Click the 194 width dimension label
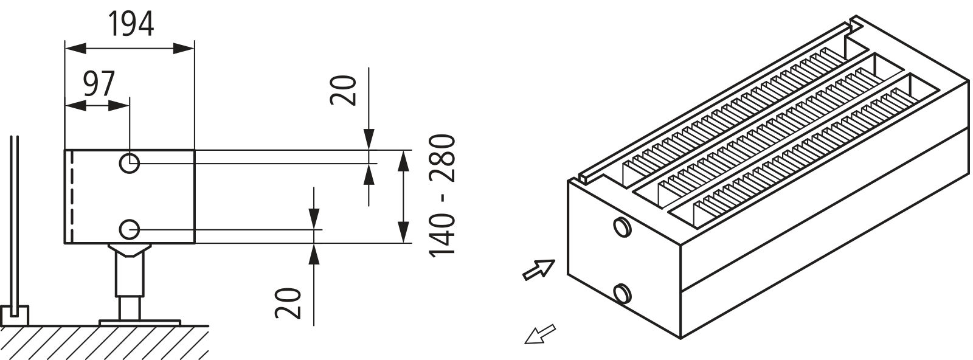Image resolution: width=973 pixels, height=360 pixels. tap(131, 24)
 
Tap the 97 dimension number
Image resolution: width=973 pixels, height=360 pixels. tap(99, 85)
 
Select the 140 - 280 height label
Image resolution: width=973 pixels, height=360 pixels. tap(442, 196)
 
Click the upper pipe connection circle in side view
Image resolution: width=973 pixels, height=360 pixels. tap(130, 164)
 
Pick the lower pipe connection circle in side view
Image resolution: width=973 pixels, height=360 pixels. tap(130, 229)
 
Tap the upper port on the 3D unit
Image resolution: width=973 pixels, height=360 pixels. tap(622, 226)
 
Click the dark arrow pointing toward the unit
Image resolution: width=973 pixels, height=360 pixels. tap(539, 269)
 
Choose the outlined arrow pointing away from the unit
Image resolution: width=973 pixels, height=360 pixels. tap(540, 334)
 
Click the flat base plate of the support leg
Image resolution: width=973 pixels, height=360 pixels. tap(139, 323)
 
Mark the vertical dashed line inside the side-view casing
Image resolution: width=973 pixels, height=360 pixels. tap(72, 196)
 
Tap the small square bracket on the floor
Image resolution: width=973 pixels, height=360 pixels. tap(15, 316)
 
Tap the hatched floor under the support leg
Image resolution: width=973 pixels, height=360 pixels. tap(104, 342)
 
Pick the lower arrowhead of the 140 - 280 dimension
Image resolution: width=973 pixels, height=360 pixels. tap(404, 232)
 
